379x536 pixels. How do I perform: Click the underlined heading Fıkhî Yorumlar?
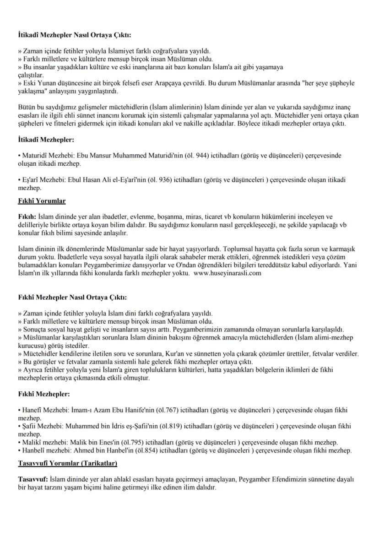pyautogui.click(x=42, y=201)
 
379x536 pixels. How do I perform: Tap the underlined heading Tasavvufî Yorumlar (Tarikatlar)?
pyautogui.click(x=68, y=464)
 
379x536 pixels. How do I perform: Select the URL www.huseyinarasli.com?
pyautogui.click(x=227, y=273)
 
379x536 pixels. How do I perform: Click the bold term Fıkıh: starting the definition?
pyautogui.click(x=27, y=216)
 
